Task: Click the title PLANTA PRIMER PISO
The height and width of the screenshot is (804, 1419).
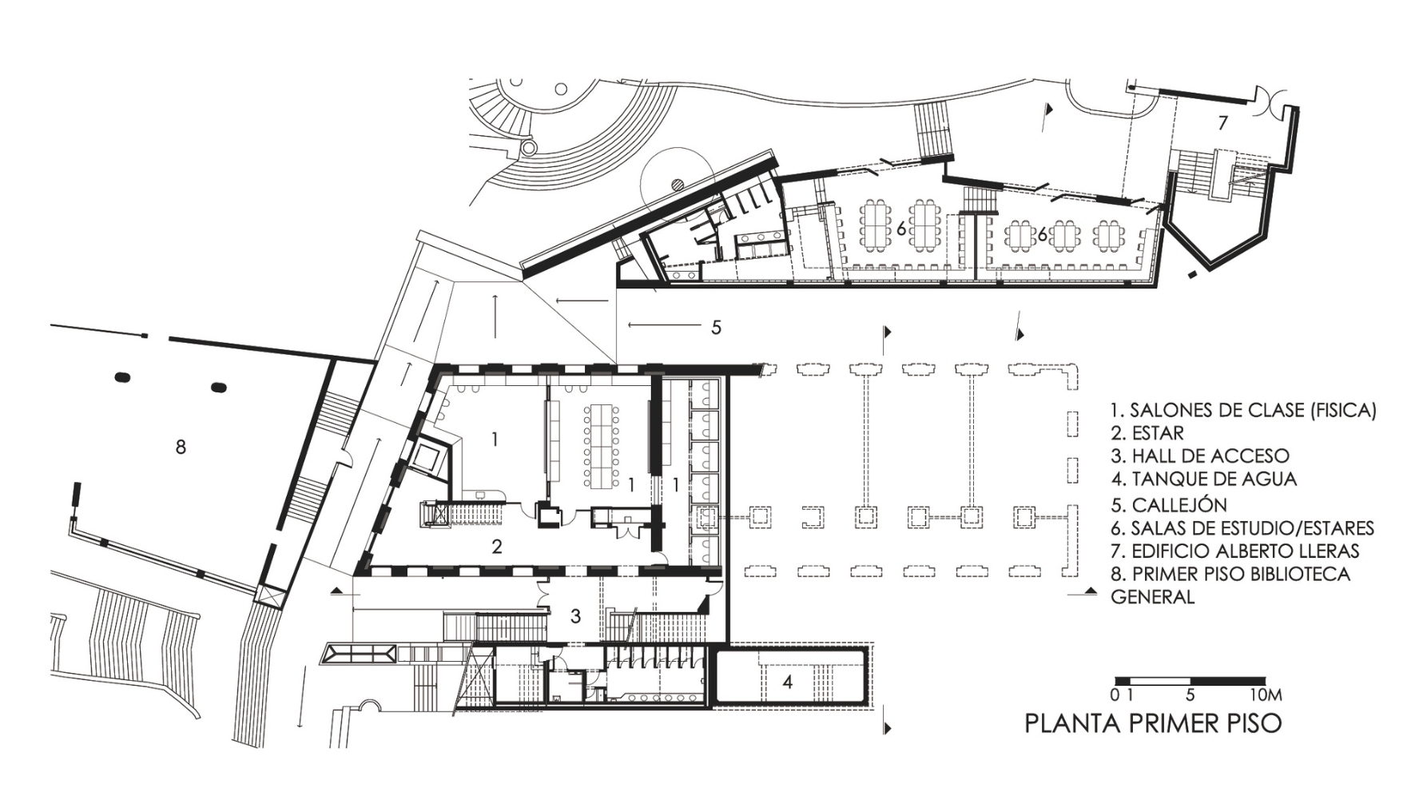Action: coord(1153,723)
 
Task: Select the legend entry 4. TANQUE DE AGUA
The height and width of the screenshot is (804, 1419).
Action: coord(1204,480)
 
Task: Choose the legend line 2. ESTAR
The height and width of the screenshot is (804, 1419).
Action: coord(1147,433)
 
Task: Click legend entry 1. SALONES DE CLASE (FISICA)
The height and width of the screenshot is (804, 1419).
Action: coord(1244,411)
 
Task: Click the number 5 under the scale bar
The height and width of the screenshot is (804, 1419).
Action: coord(1191,695)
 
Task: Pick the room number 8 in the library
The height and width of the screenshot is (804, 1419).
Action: coord(181,448)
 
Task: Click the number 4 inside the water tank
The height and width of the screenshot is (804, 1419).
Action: coord(788,683)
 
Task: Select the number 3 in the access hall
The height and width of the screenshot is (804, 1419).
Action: coord(575,616)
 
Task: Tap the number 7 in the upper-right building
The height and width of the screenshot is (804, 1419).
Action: coord(1222,123)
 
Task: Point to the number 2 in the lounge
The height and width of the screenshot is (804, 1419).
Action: coord(497,547)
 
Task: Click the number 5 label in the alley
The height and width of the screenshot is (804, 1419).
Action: coord(717,327)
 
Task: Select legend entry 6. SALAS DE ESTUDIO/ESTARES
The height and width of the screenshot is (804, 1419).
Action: coord(1242,528)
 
